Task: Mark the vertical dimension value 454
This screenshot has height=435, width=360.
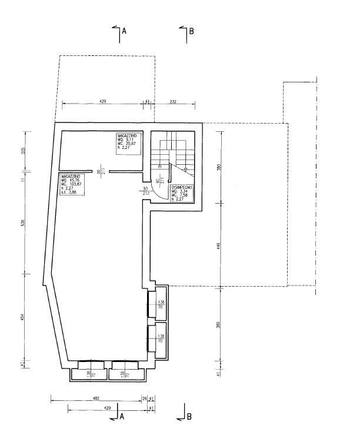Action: click(x=22, y=317)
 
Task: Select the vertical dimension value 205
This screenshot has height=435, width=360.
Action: click(x=22, y=150)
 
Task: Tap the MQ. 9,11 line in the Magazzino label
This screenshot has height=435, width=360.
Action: click(x=127, y=140)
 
